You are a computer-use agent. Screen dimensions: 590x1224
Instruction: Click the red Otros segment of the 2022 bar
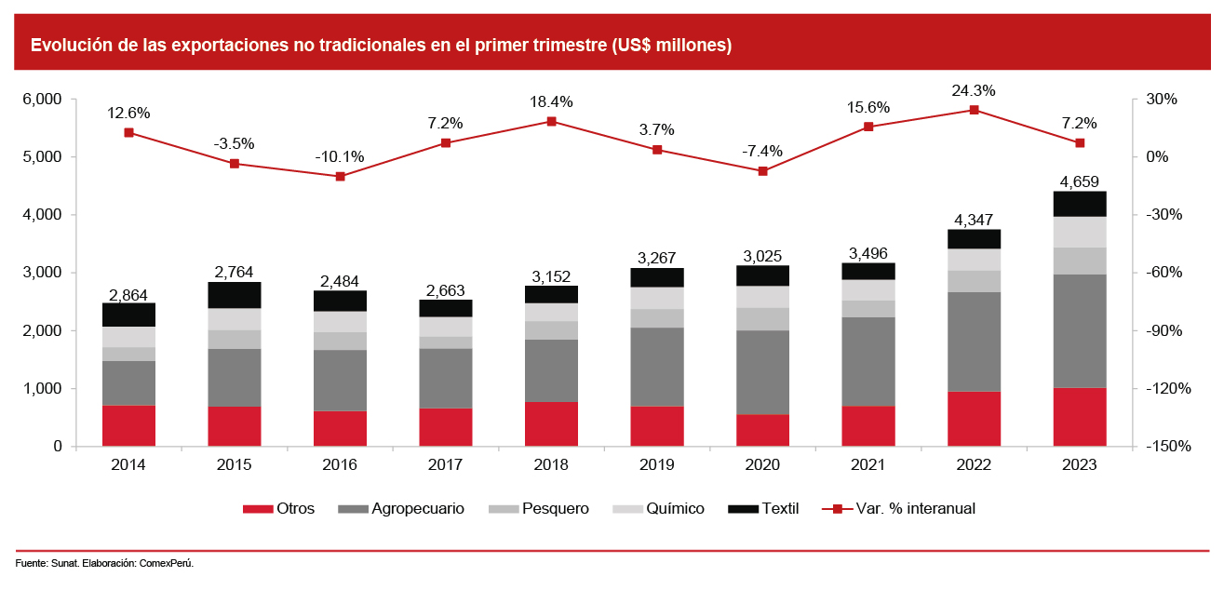coord(974,419)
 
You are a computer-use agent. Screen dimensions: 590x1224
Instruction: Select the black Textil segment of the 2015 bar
coord(235,295)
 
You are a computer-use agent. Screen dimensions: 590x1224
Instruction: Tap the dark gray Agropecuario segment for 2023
coord(1080,330)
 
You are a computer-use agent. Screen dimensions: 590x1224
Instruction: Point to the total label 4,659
coord(1080,181)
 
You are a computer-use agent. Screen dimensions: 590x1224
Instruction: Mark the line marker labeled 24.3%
coord(974,110)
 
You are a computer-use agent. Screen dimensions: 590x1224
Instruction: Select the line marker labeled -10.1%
coord(341,176)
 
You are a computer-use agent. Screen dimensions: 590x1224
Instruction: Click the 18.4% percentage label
coord(552,101)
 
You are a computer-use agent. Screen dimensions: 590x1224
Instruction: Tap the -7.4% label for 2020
coord(763,151)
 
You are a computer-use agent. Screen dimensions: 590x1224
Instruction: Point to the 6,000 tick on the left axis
coord(43,100)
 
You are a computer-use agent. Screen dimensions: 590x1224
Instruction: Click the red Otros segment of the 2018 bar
coord(552,424)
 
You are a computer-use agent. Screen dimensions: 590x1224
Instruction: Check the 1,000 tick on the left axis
coord(43,389)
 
